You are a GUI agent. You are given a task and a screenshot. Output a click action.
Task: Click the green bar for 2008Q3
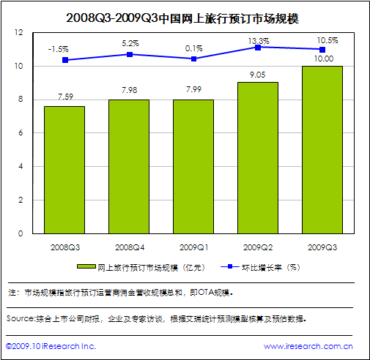64,170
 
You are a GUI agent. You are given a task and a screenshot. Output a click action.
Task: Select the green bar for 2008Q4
128,166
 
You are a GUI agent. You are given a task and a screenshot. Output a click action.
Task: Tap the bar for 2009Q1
193,166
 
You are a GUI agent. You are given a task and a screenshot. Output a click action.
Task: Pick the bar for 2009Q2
257,157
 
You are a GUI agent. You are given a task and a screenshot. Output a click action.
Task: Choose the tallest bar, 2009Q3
322,149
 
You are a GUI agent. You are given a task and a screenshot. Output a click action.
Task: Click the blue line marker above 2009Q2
258,47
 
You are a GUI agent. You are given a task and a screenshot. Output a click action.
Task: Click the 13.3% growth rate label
258,40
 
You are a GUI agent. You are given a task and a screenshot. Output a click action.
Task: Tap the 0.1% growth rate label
193,48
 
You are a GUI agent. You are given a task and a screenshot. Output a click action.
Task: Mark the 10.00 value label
323,58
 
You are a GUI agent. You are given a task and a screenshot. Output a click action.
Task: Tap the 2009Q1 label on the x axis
193,247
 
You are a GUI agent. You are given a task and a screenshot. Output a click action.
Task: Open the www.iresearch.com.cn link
308,346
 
